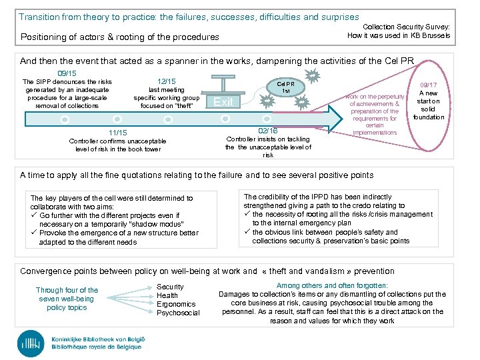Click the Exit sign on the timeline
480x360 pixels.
(x=224, y=102)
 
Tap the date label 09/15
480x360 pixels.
(x=67, y=73)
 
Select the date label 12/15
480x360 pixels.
(x=167, y=81)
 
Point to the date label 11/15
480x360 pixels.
(x=117, y=133)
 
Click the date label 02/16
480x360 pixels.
(x=267, y=131)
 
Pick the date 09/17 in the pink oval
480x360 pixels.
(x=429, y=85)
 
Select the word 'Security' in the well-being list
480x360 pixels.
(x=170, y=287)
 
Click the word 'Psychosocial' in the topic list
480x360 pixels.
(x=178, y=313)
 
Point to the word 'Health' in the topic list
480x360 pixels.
(x=167, y=295)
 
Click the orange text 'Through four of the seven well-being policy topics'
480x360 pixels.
(x=67, y=299)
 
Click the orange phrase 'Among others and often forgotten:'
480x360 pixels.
(x=332, y=285)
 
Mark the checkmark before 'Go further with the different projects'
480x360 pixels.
(x=34, y=216)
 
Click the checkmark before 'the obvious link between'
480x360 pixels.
(x=247, y=232)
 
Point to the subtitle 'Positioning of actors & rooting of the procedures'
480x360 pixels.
(x=120, y=37)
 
